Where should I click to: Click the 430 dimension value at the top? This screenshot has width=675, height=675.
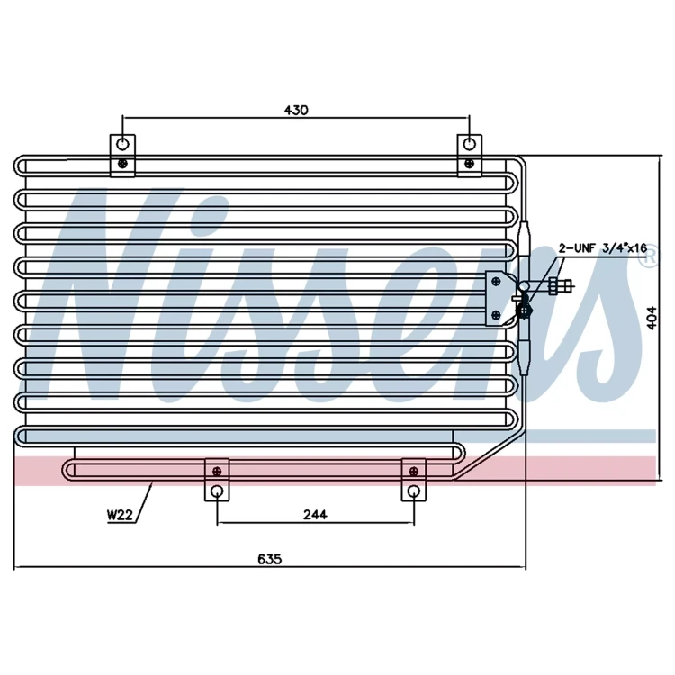pos(296,110)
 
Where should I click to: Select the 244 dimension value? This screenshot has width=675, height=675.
pos(315,515)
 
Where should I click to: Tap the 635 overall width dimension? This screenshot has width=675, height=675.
pos(269,559)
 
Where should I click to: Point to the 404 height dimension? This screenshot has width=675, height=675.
pos(652,318)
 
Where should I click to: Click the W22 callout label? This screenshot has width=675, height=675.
pos(120,515)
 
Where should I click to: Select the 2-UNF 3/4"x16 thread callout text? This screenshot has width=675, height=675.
pos(603,248)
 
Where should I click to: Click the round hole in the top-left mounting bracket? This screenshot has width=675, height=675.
pos(122,144)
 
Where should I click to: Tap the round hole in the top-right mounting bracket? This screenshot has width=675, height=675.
pos(469,144)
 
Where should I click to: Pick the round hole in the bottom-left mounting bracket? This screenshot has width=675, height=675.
pos(217,490)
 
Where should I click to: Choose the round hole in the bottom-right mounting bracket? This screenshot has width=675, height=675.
pos(414,490)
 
